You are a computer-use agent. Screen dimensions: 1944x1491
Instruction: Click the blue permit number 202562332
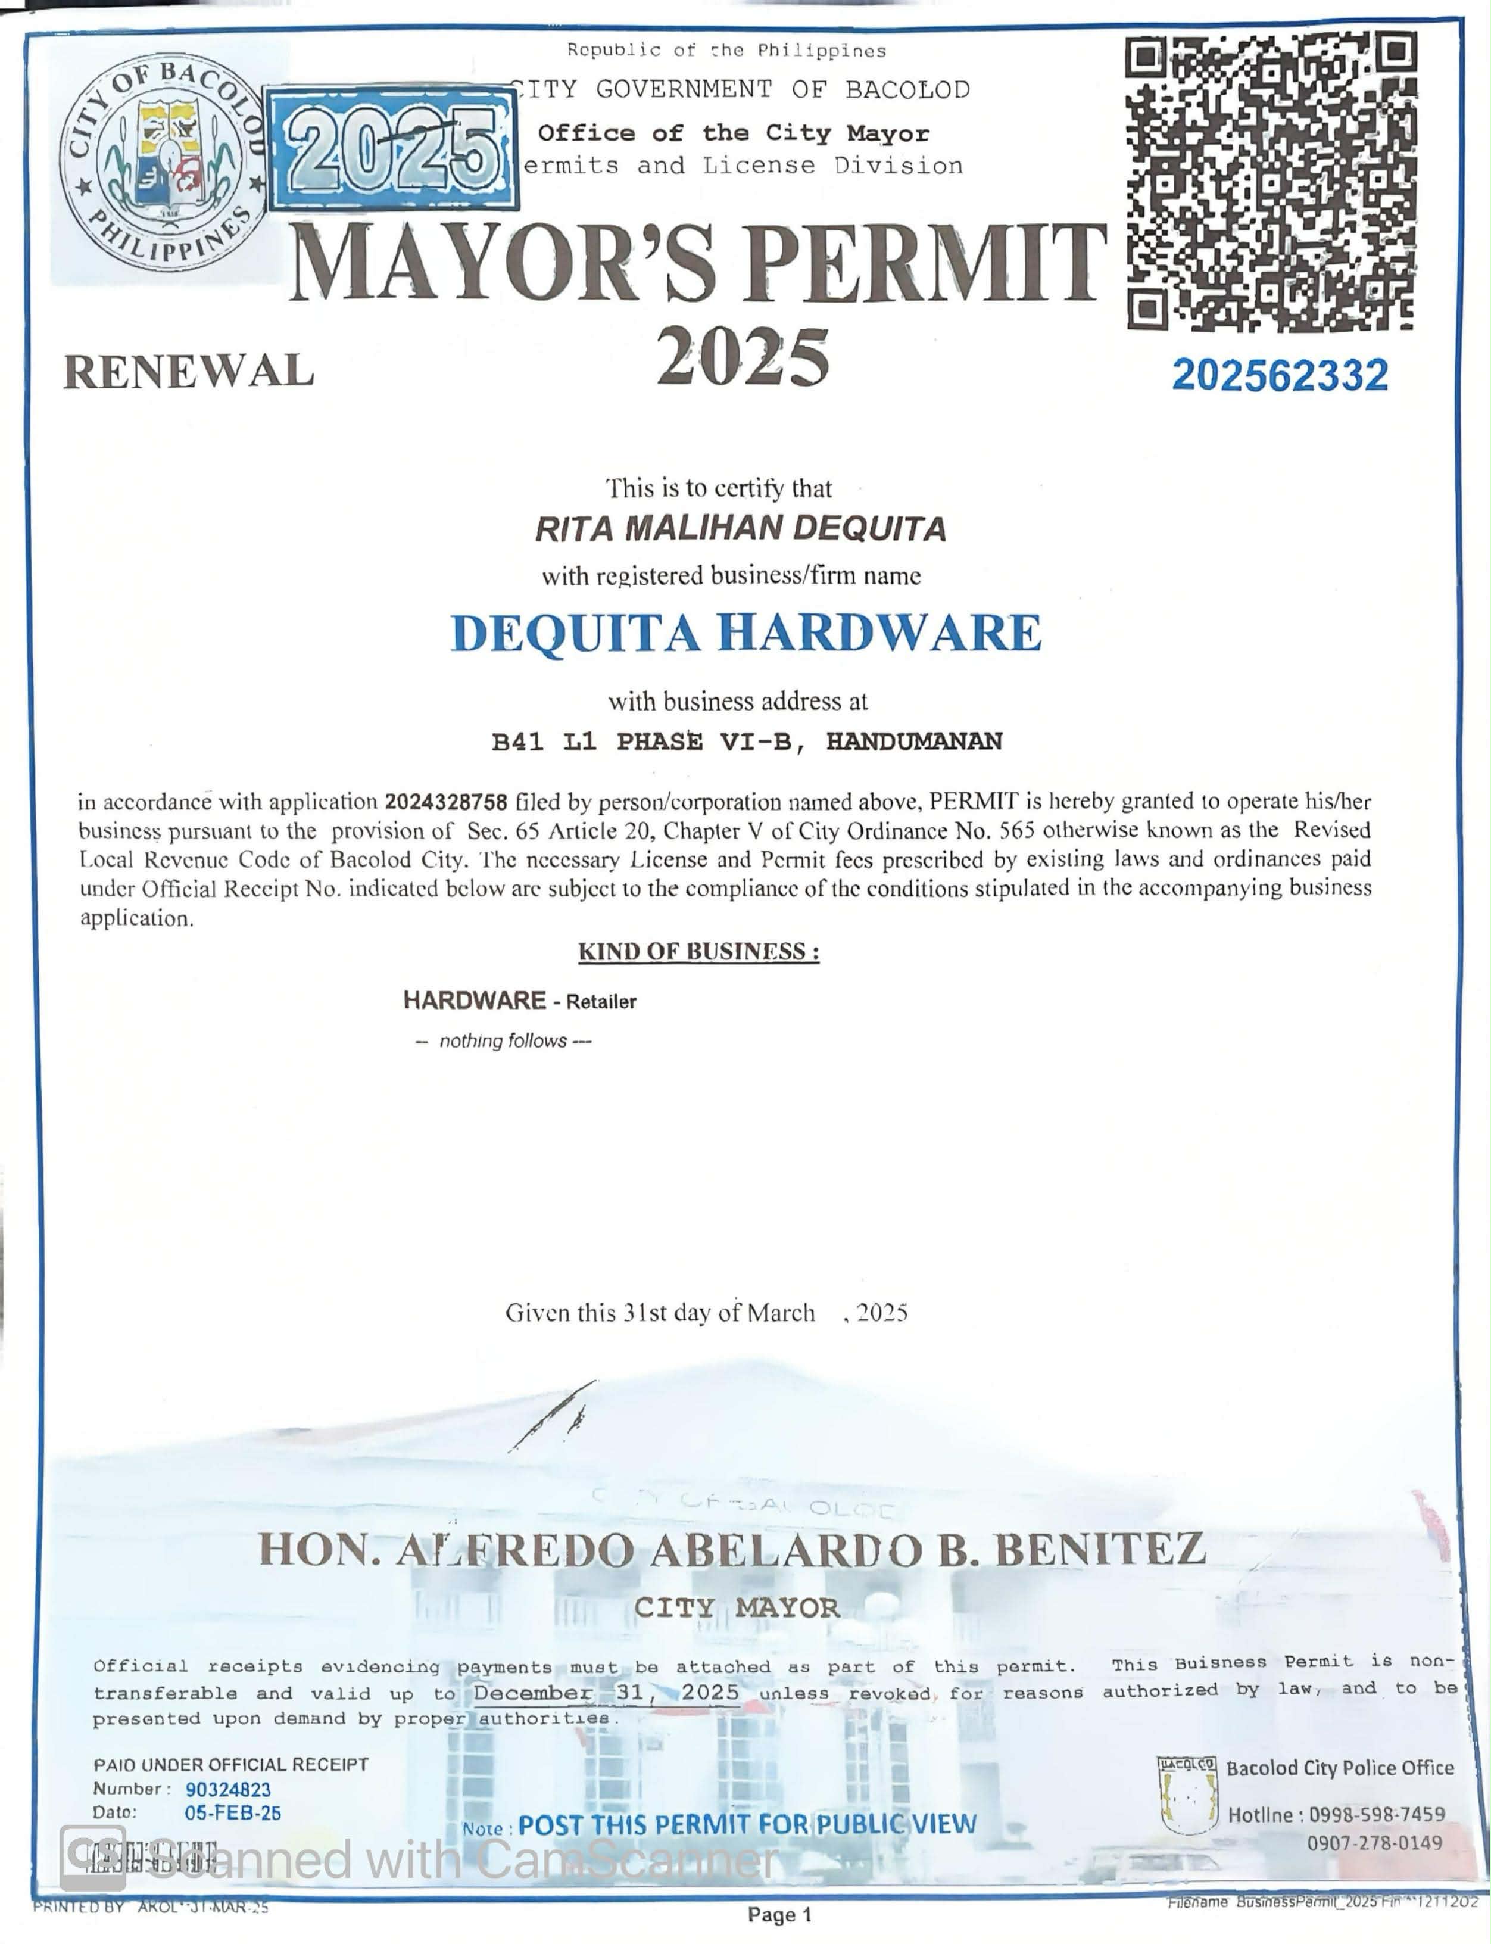pyautogui.click(x=1279, y=375)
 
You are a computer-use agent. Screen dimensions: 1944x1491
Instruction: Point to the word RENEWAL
pyautogui.click(x=188, y=371)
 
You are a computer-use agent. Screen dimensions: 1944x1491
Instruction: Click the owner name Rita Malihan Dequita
pyautogui.click(x=740, y=529)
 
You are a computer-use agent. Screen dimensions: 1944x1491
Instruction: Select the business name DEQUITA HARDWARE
pyautogui.click(x=745, y=633)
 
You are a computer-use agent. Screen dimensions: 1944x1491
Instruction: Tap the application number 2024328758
pyautogui.click(x=445, y=802)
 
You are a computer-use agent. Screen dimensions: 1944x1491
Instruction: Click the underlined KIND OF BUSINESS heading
pyautogui.click(x=698, y=952)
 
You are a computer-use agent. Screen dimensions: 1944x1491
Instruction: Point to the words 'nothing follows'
pyautogui.click(x=503, y=1040)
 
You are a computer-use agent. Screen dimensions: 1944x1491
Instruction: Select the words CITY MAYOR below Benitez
pyautogui.click(x=737, y=1607)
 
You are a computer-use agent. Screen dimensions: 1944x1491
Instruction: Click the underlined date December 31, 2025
pyautogui.click(x=606, y=1692)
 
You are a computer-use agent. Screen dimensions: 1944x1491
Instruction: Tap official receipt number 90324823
pyautogui.click(x=228, y=1790)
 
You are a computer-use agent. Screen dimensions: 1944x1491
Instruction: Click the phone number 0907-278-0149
pyautogui.click(x=1374, y=1843)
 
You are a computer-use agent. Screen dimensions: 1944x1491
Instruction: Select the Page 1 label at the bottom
pyautogui.click(x=779, y=1915)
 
